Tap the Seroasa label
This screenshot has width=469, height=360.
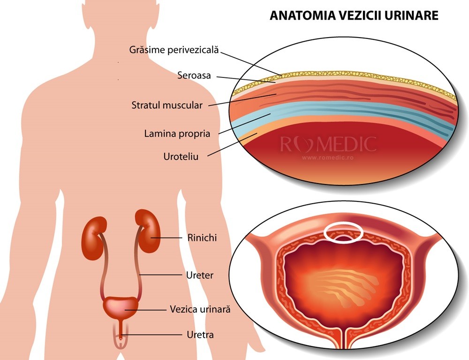[x=194, y=75]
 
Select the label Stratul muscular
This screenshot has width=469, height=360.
[x=167, y=105]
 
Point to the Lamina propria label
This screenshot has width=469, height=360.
[x=177, y=134]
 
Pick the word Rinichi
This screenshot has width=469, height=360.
[x=202, y=238]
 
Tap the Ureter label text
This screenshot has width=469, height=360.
[x=200, y=275]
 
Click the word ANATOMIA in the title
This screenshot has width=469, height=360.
[x=301, y=15]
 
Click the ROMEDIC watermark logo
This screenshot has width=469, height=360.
[x=328, y=144]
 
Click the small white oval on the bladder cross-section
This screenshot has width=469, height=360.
[x=344, y=231]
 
